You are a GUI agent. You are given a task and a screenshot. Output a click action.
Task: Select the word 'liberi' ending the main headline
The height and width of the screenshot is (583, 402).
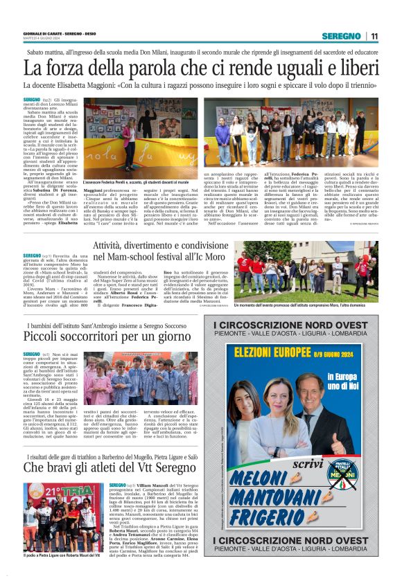pos(355,69)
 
